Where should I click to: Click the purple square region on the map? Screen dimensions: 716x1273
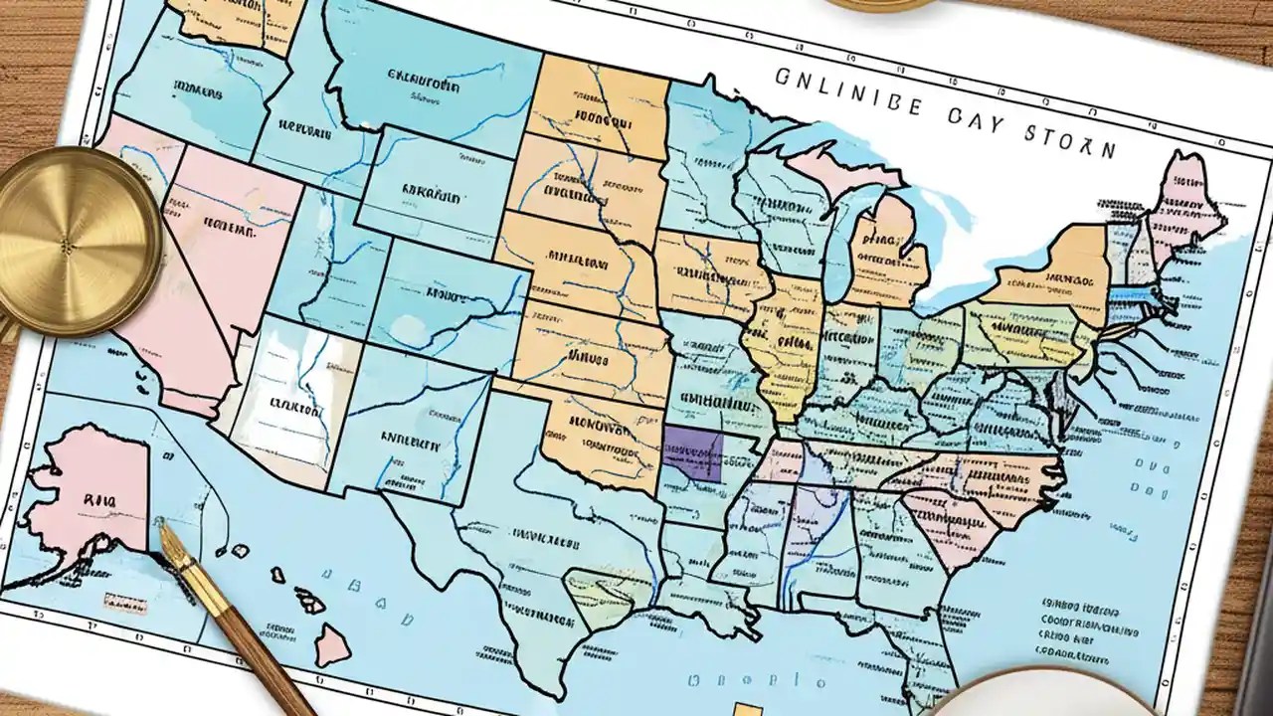point(693,453)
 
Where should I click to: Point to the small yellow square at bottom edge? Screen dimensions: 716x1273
point(741,708)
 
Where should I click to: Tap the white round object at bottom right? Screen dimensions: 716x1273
point(1044,696)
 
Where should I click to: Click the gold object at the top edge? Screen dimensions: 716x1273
point(875,4)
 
